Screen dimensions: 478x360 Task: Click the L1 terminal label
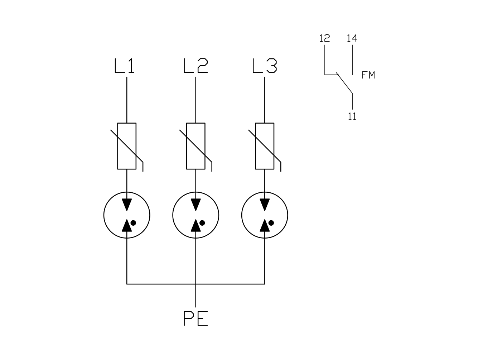click(x=124, y=66)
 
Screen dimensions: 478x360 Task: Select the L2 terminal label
click(x=196, y=66)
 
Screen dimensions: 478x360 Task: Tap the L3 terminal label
click(x=265, y=66)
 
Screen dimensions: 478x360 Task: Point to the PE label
click(x=196, y=318)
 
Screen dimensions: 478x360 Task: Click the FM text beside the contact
click(x=368, y=75)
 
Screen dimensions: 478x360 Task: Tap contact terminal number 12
click(x=324, y=38)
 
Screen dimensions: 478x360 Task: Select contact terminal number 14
click(x=352, y=38)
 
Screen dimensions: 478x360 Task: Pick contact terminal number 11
click(x=352, y=116)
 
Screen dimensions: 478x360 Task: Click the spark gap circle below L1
click(x=104, y=215)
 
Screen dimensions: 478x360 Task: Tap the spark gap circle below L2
click(x=173, y=215)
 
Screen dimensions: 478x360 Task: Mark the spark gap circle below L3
click(x=242, y=215)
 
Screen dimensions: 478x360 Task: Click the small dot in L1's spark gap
click(x=133, y=223)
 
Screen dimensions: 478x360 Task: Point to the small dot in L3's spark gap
click(x=271, y=223)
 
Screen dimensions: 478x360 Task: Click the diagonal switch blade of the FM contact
click(x=344, y=83)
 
